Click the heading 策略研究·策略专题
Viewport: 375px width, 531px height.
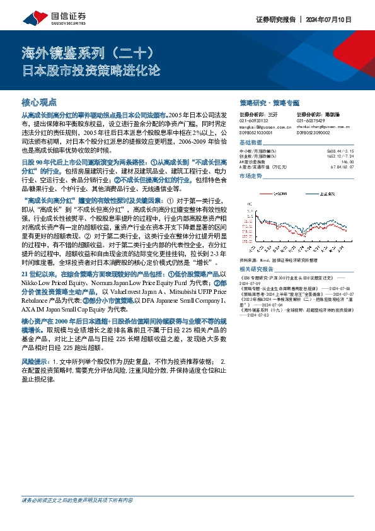(269, 102)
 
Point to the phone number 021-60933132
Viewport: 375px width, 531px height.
(253, 120)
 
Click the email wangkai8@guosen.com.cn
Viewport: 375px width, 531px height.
(262, 126)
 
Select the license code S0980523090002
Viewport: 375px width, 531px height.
(314, 132)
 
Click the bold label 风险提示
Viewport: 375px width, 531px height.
(35, 362)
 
